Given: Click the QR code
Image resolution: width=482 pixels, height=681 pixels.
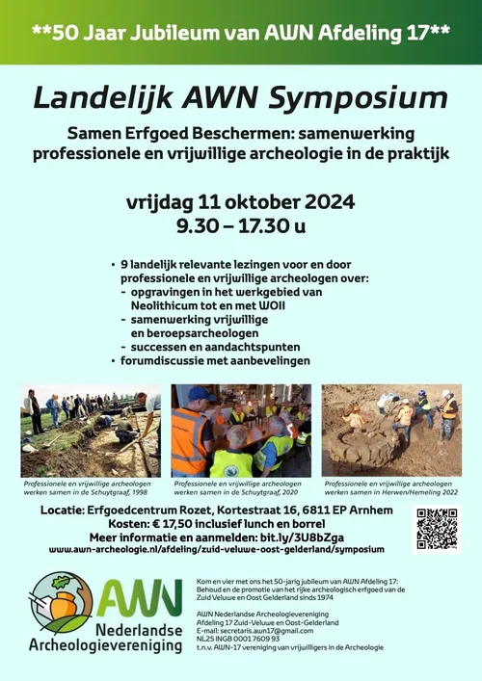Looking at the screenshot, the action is pyautogui.click(x=438, y=528).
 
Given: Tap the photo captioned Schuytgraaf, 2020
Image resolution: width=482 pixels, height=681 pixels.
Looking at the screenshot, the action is pyautogui.click(x=241, y=430).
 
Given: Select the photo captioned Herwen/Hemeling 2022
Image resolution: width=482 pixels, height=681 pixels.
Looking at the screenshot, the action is pyautogui.click(x=391, y=430).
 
